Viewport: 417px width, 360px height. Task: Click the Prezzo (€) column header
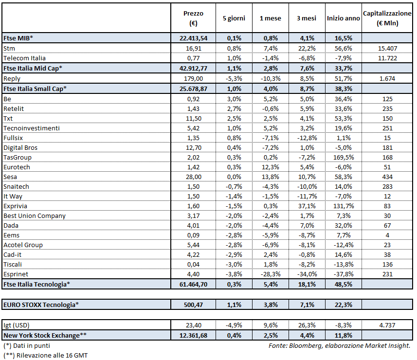coord(194,18)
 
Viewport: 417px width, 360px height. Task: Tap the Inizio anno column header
coord(344,18)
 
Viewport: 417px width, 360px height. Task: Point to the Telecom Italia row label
coord(24,58)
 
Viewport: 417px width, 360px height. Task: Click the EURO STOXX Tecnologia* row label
coord(41,305)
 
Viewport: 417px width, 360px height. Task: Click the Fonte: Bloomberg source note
coord(339,345)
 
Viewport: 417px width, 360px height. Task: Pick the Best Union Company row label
coord(35,216)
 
